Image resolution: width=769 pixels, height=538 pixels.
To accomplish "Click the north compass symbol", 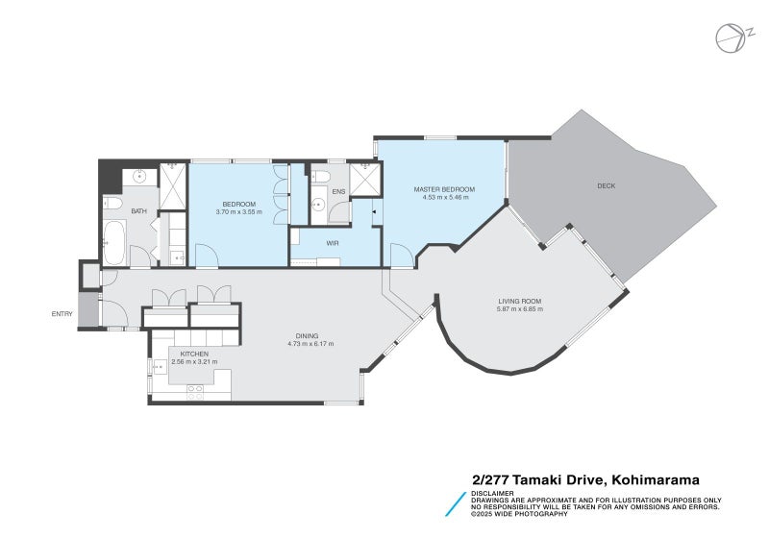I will pyautogui.click(x=731, y=38).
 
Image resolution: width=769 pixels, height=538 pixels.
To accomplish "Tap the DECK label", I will pyautogui.click(x=606, y=185).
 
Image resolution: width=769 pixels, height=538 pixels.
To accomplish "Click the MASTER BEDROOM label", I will pyautogui.click(x=441, y=189).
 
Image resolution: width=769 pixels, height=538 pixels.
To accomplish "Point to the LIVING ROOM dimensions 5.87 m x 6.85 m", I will pyautogui.click(x=520, y=309).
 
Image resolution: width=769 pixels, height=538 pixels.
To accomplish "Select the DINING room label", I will pyautogui.click(x=308, y=336).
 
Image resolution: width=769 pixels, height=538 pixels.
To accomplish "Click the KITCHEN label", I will pyautogui.click(x=194, y=354).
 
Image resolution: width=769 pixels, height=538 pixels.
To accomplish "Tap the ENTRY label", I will pyautogui.click(x=62, y=314).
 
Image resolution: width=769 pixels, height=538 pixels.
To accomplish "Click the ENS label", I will pyautogui.click(x=338, y=192).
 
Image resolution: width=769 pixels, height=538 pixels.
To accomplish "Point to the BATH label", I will pyautogui.click(x=139, y=211).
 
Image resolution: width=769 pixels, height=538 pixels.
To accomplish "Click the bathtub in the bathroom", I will pyautogui.click(x=113, y=244).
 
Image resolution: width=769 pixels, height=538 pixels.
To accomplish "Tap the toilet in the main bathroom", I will pyautogui.click(x=112, y=204).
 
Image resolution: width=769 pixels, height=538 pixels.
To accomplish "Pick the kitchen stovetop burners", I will pyautogui.click(x=195, y=391).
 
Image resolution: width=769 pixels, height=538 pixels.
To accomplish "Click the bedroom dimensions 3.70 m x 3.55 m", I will pyautogui.click(x=238, y=211).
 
